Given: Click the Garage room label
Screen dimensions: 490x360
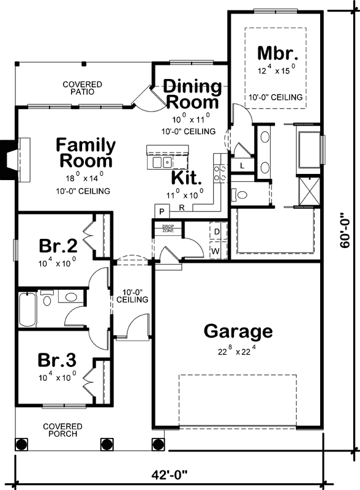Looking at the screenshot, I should pyautogui.click(x=238, y=331).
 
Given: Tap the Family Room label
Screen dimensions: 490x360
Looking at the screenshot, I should pyautogui.click(x=86, y=153).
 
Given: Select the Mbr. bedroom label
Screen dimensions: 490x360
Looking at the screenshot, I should pyautogui.click(x=277, y=52).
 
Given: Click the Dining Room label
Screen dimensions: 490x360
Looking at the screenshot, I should pyautogui.click(x=192, y=94).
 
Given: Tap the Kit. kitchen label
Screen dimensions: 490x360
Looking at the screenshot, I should pyautogui.click(x=186, y=178).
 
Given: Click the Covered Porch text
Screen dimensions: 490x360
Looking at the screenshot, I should pyautogui.click(x=60, y=430).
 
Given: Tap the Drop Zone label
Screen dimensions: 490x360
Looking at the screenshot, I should pyautogui.click(x=168, y=228).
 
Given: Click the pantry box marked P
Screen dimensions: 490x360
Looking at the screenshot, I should pyautogui.click(x=162, y=211).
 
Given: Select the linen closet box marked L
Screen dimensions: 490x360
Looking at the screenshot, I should pyautogui.click(x=242, y=166).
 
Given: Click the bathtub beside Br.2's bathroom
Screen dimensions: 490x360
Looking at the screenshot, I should pyautogui.click(x=28, y=310).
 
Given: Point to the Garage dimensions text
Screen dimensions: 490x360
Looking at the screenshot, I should pyautogui.click(x=238, y=351).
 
